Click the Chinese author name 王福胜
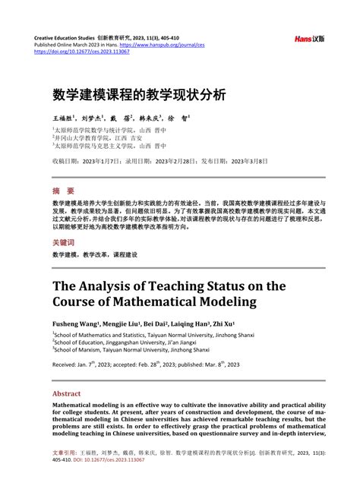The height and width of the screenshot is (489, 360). [x=64, y=118]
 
